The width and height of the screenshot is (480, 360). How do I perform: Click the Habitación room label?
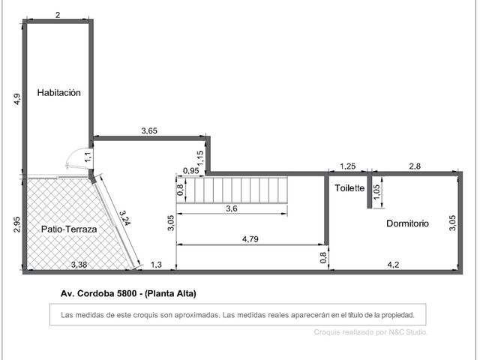(59, 93)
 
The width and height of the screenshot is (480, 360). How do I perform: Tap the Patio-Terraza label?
(69, 229)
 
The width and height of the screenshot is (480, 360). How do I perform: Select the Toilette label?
(349, 188)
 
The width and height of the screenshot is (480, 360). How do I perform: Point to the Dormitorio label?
(407, 223)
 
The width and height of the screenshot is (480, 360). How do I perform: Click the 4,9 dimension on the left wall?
(17, 99)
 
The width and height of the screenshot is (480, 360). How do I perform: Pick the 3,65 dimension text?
(149, 130)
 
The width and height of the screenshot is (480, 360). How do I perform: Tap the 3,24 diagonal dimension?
(125, 217)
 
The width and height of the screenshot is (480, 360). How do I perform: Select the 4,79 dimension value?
(250, 239)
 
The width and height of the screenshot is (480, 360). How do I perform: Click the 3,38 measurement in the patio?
(79, 265)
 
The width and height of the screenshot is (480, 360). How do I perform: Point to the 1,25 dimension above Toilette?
(348, 166)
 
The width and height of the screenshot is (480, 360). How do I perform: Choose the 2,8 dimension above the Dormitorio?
(415, 166)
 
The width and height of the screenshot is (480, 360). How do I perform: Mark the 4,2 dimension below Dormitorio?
(393, 265)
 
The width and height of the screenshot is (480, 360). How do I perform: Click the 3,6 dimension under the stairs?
(232, 208)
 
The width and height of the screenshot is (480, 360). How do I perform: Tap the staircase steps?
(232, 190)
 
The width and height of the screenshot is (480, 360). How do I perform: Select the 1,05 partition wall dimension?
(376, 192)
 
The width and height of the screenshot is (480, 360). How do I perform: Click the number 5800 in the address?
(127, 293)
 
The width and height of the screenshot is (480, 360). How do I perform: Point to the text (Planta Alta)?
(170, 293)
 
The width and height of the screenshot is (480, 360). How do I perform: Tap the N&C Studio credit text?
(408, 332)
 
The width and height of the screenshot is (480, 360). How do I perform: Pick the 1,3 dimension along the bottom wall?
(157, 265)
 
